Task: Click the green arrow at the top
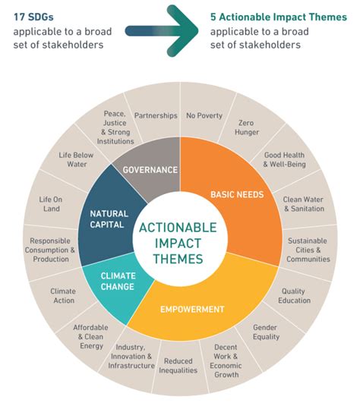(163, 30)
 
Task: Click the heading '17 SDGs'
(33, 15)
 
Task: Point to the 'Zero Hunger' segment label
(245, 127)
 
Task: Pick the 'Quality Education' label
(295, 295)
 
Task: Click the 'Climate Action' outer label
(63, 295)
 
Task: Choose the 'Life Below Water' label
(77, 160)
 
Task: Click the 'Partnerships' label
(156, 116)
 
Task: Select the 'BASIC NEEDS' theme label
(236, 194)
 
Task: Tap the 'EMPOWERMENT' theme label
(192, 309)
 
